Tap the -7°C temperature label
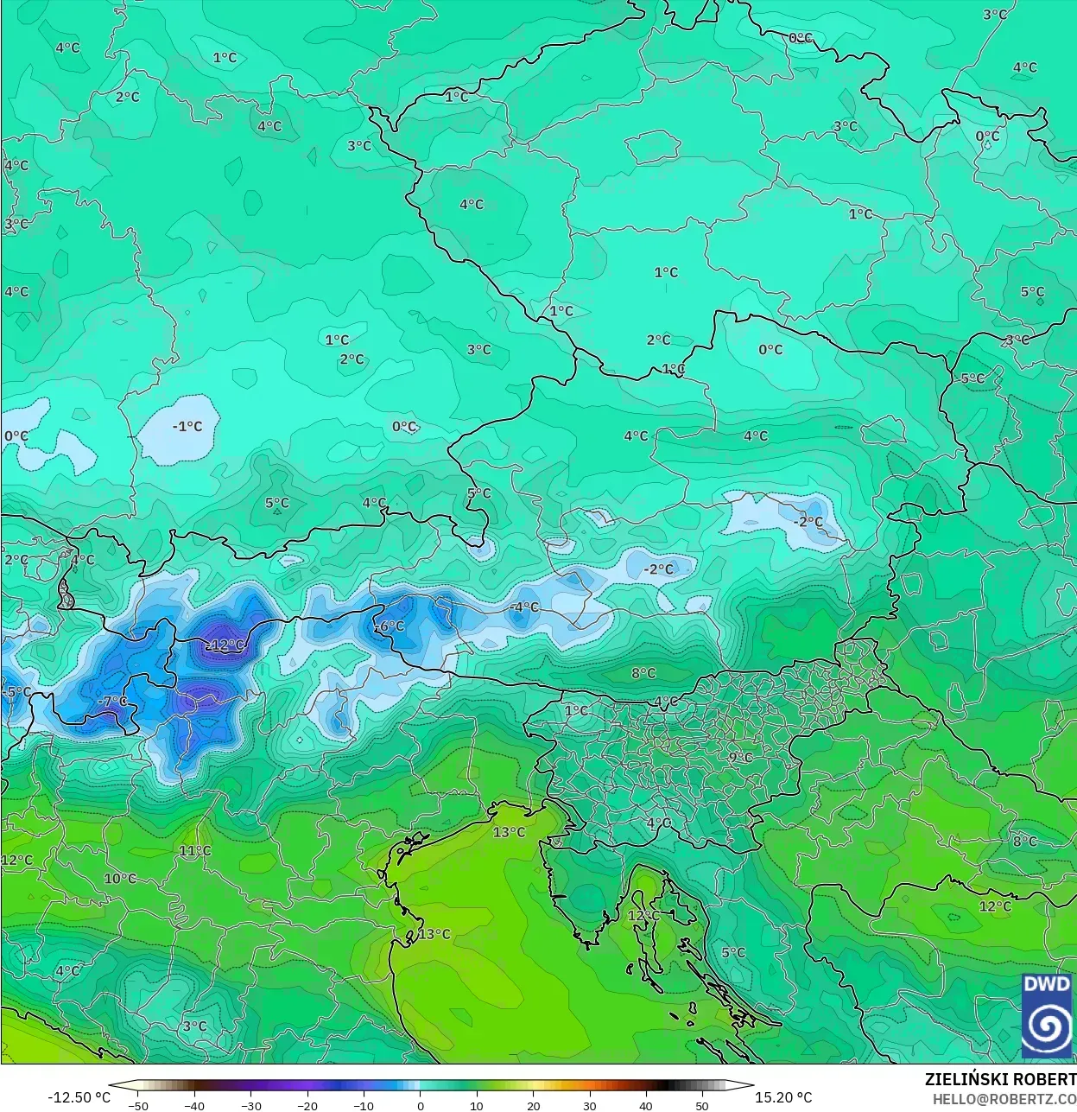(x=113, y=701)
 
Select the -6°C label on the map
(x=390, y=626)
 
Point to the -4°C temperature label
(x=523, y=607)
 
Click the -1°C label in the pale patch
(x=187, y=426)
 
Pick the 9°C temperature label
(x=740, y=757)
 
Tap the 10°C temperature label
(x=120, y=878)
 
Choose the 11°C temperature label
(x=195, y=850)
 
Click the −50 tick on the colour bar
(x=138, y=1105)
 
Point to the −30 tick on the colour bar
(x=251, y=1105)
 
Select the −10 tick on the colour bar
(x=364, y=1105)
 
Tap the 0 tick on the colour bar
(x=421, y=1105)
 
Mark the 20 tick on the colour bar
(x=534, y=1105)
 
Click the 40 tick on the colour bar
(x=646, y=1105)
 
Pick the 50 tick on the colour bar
(x=702, y=1105)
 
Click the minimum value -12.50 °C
(x=79, y=1097)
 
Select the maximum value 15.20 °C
(x=783, y=1097)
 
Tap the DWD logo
(x=1047, y=1014)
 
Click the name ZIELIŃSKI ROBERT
(x=1000, y=1079)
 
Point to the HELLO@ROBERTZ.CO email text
(x=1004, y=1098)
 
